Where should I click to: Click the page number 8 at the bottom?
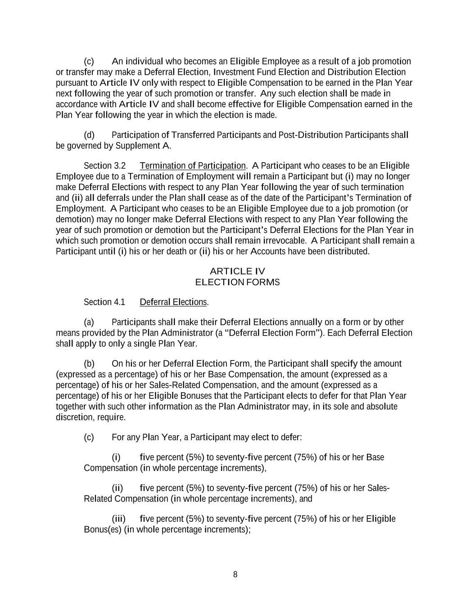click(x=235, y=574)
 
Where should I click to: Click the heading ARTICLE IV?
click(x=237, y=271)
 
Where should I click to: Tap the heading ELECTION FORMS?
click(x=237, y=282)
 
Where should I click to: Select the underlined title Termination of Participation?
click(x=193, y=166)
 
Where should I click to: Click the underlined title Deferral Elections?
click(x=173, y=302)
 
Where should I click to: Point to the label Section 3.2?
click(x=104, y=166)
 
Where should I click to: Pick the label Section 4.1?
click(x=104, y=302)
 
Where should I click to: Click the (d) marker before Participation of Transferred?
click(x=89, y=135)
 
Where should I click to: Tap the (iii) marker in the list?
click(x=118, y=519)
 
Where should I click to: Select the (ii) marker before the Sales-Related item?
click(x=118, y=488)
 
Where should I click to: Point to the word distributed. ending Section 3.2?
click(x=348, y=251)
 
